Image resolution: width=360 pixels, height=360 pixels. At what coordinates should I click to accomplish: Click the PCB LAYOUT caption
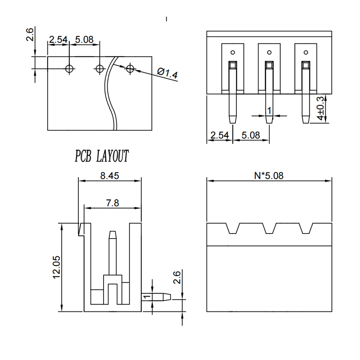[x=102, y=156]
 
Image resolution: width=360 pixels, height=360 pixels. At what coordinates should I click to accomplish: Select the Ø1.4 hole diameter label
[x=167, y=73]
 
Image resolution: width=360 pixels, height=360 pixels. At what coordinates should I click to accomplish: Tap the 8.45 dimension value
[x=110, y=176]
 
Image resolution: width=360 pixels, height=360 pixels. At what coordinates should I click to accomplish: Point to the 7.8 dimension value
[x=112, y=203]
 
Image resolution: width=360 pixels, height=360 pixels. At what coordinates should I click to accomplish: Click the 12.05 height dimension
[x=56, y=267]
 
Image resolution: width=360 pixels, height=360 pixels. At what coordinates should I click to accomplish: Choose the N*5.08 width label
[x=269, y=175]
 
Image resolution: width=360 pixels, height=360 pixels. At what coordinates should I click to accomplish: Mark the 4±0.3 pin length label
[x=320, y=108]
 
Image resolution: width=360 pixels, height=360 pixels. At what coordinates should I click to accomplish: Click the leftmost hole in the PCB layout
[x=69, y=68]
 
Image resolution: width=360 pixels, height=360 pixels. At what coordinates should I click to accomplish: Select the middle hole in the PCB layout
[x=99, y=68]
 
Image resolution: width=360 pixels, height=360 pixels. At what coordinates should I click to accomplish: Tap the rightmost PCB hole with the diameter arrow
[x=130, y=68]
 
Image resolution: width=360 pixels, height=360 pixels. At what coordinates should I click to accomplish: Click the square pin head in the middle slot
[x=269, y=65]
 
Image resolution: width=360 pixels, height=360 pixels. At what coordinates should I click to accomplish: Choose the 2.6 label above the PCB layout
[x=30, y=34]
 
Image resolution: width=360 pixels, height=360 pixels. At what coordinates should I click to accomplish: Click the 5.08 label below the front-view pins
[x=251, y=135]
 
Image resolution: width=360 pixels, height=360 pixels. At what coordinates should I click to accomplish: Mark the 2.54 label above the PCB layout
[x=58, y=40]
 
